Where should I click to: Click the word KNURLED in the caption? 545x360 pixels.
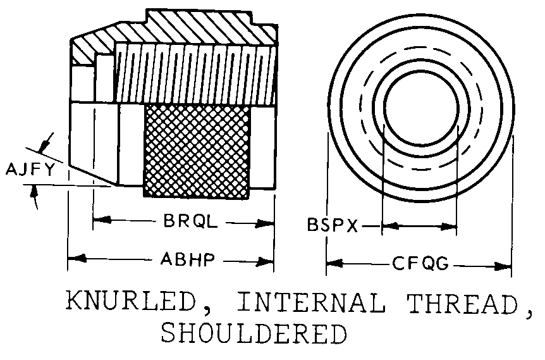(x=130, y=302)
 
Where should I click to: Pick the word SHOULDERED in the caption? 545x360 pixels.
(x=254, y=333)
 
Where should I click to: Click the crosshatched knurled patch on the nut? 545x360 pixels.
(x=197, y=150)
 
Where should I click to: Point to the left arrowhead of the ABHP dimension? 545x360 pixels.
(x=75, y=259)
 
